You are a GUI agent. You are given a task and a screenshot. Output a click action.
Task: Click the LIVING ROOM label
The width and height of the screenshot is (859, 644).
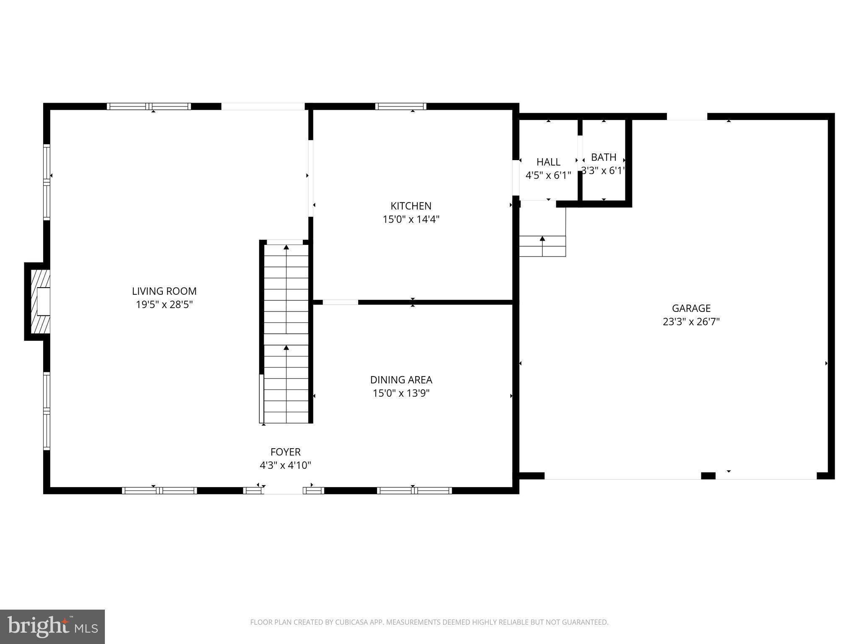(x=164, y=291)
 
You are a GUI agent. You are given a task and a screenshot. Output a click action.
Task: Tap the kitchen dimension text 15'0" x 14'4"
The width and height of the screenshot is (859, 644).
(x=411, y=219)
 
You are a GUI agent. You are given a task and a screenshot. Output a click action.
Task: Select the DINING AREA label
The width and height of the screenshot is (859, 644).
(x=401, y=380)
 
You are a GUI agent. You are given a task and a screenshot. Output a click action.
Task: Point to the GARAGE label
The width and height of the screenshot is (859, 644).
(x=691, y=308)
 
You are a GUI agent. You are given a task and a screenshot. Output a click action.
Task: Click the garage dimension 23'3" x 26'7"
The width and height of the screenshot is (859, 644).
(x=691, y=322)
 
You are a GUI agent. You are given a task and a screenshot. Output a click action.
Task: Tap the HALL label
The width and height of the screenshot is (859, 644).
(x=548, y=162)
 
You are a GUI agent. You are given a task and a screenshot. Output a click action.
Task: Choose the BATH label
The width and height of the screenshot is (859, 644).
(x=604, y=157)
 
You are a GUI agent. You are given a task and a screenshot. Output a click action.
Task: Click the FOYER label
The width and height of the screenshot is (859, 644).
(x=285, y=452)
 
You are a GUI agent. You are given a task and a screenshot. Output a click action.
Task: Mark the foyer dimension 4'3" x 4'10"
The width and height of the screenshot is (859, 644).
(x=285, y=465)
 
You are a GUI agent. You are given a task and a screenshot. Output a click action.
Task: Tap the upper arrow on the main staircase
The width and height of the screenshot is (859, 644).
(x=286, y=247)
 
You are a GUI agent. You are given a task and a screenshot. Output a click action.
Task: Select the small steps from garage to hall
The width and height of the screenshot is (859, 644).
(x=542, y=246)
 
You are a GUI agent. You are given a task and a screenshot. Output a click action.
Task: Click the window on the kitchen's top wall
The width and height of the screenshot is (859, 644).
(x=401, y=106)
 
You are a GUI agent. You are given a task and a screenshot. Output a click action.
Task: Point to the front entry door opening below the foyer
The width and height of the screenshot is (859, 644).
(x=283, y=491)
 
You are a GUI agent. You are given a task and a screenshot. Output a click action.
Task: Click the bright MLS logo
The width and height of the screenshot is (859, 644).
(x=52, y=627)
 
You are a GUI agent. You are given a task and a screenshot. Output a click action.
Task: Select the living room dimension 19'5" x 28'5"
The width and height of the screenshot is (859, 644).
(x=164, y=304)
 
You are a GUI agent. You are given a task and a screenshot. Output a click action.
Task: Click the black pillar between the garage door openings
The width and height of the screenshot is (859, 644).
(x=708, y=475)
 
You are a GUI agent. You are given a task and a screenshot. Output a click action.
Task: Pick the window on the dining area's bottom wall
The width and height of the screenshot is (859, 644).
(x=414, y=491)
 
